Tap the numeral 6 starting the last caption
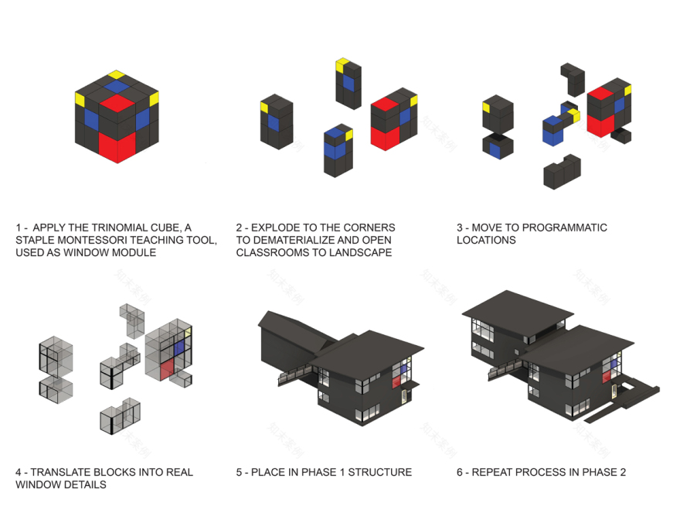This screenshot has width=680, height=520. [x=460, y=472]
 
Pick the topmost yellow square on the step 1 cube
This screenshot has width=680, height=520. [x=116, y=75]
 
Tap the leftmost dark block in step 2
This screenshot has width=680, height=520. [x=275, y=124]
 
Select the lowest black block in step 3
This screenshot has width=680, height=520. [x=561, y=172]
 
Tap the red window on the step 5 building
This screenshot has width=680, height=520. [x=397, y=380]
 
